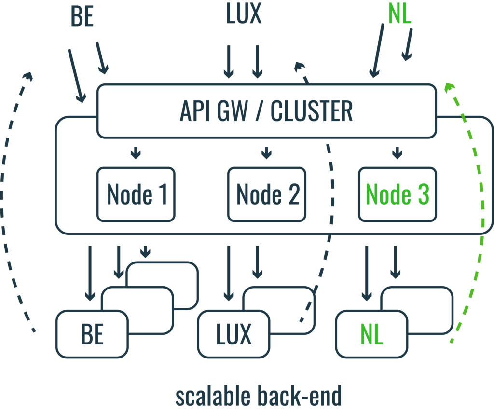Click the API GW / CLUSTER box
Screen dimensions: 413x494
point(267,111)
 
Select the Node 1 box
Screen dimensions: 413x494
point(136,194)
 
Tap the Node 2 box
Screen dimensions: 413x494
point(266,194)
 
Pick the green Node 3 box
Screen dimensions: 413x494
point(397,194)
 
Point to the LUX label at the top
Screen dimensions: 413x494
point(244,14)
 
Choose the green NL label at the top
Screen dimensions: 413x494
point(399,16)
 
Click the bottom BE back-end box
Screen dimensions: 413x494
point(92,334)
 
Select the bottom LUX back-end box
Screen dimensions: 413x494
point(233,334)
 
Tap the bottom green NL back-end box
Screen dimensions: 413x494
point(371,334)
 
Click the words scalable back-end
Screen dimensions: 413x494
point(258,397)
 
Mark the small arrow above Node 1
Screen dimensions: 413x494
point(136,153)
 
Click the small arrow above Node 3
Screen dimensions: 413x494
point(397,153)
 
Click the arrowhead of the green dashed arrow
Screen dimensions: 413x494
point(450,87)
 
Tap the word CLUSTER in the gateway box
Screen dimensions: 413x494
point(312,111)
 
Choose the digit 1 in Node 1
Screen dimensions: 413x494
point(162,194)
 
